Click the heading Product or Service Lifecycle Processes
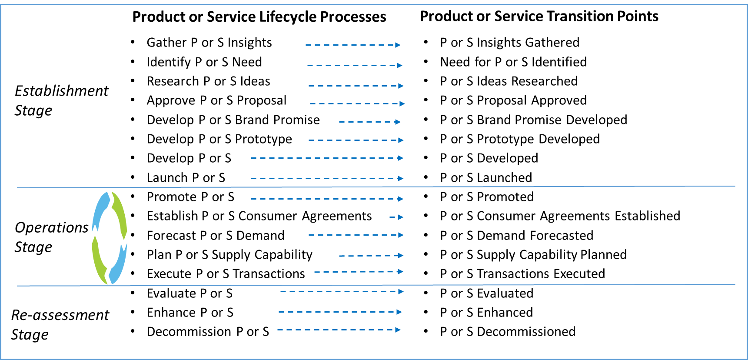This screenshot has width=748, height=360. point(259,17)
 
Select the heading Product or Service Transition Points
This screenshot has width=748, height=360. point(539,17)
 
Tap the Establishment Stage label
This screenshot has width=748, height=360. point(61,100)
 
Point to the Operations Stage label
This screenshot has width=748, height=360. point(51,237)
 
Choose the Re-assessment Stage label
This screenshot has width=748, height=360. point(60,324)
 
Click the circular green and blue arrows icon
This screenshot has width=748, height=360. point(110,238)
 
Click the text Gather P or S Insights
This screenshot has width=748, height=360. point(209,43)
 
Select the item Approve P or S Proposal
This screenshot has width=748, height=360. point(216,100)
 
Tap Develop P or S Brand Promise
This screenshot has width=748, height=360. point(233,120)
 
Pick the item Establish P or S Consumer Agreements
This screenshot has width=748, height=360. point(259,216)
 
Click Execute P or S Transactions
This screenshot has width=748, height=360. point(226,274)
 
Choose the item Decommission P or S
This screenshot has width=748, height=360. point(208,332)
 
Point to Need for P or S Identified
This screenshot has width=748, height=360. point(513,62)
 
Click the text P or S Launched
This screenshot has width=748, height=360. point(485,178)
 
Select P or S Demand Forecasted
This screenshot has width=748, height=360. point(516,236)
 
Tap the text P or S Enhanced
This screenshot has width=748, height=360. point(486,313)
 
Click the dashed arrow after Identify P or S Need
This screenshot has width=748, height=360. point(354,65)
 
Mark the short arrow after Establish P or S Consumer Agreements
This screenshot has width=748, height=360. point(396,217)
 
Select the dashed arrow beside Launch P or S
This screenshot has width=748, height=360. point(326,178)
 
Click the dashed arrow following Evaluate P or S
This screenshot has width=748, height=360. point(342,291)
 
